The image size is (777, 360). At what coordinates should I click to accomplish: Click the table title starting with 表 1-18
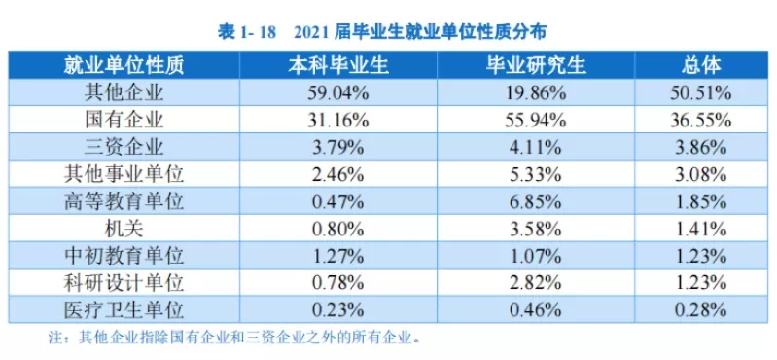389,31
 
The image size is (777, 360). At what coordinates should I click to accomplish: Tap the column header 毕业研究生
534,66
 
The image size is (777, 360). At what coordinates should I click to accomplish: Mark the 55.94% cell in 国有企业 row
534,121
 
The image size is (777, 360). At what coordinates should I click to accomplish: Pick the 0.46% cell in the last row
534,310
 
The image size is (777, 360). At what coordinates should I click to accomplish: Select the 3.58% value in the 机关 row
534,230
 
